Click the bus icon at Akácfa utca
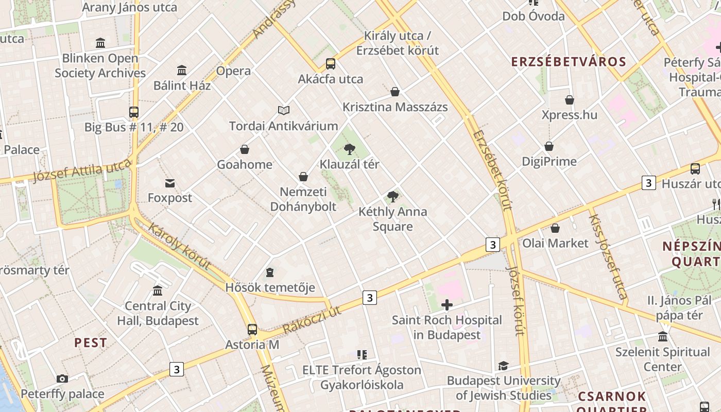(x=331, y=64)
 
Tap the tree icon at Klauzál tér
(x=350, y=149)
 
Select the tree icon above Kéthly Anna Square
(x=392, y=196)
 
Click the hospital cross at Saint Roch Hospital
(x=447, y=305)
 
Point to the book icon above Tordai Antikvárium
(x=284, y=110)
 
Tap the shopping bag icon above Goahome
(x=245, y=149)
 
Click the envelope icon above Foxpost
(x=170, y=183)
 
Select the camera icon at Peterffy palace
(x=62, y=379)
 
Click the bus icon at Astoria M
(x=252, y=329)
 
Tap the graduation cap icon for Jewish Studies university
(x=503, y=366)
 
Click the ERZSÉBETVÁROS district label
(x=569, y=62)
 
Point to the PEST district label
(x=91, y=342)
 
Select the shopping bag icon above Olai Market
(x=555, y=228)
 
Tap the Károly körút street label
(x=179, y=246)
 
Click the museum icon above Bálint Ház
(x=182, y=70)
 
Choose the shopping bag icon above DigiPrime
(x=549, y=146)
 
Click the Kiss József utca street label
(x=608, y=256)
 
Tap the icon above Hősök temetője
(x=270, y=272)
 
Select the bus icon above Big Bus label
(x=134, y=112)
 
